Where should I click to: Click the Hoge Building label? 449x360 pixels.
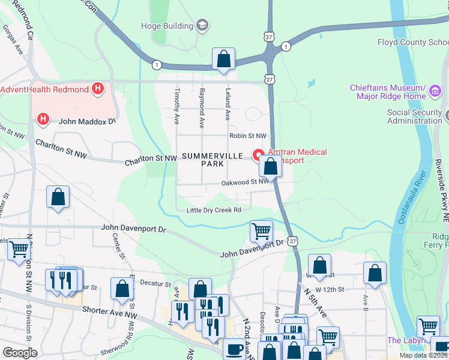pos(166,26)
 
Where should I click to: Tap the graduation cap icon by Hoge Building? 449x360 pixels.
pos(202,25)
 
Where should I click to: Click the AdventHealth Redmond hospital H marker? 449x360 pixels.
pos(98,90)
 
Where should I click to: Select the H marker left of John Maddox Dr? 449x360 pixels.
pos(43,119)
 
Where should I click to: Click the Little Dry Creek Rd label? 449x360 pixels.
pos(214,210)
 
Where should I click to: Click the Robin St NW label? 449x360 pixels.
pos(247,136)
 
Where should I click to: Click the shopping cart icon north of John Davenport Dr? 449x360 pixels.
pos(261,230)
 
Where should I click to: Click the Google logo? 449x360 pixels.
pos(20,352)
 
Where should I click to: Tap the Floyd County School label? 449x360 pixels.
pos(412,42)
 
